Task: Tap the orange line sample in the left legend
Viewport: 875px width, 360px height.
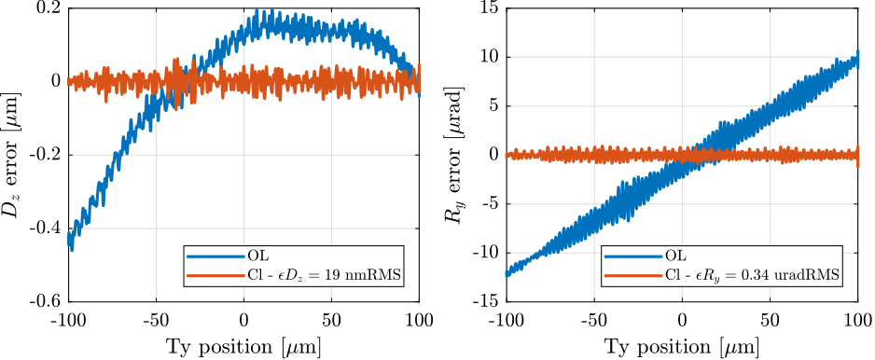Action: [x=215, y=275]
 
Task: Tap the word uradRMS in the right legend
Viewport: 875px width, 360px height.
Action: [x=807, y=275]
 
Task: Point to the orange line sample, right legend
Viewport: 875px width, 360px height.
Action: [x=632, y=275]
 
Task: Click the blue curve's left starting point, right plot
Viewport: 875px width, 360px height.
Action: [x=507, y=273]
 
